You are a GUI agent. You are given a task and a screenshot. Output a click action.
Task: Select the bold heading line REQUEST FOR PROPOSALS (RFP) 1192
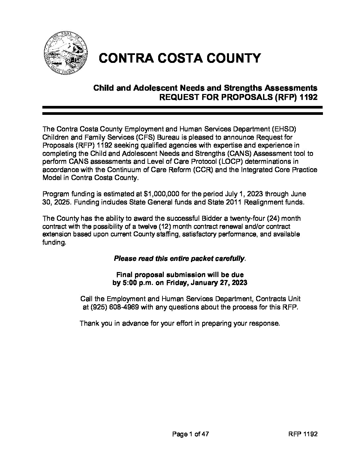(x=238, y=97)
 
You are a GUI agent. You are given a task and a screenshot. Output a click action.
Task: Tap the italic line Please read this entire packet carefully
(x=180, y=258)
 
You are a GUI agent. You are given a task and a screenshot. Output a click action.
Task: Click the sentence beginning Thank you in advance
(x=180, y=323)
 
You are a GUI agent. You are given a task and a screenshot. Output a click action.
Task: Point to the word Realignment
(x=257, y=202)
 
